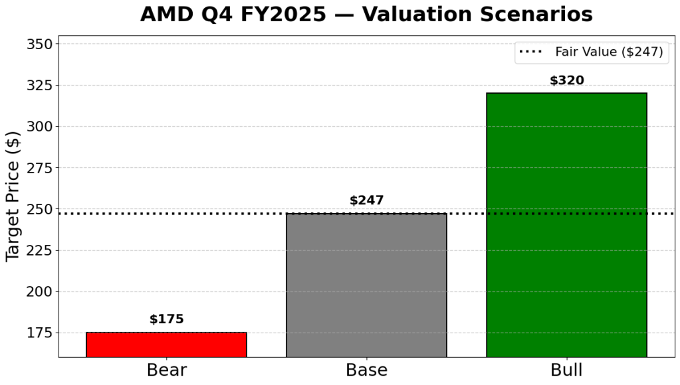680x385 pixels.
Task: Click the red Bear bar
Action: tap(166, 344)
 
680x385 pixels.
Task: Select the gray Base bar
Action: tap(366, 285)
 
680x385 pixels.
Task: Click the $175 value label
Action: tap(166, 319)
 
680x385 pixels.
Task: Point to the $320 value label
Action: tap(566, 80)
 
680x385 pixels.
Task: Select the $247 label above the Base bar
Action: tap(366, 200)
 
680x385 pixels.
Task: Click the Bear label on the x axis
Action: tap(166, 370)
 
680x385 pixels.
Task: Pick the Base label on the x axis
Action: tap(366, 370)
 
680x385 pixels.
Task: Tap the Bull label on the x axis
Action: tap(566, 370)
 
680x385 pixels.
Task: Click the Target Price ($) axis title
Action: tap(13, 196)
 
